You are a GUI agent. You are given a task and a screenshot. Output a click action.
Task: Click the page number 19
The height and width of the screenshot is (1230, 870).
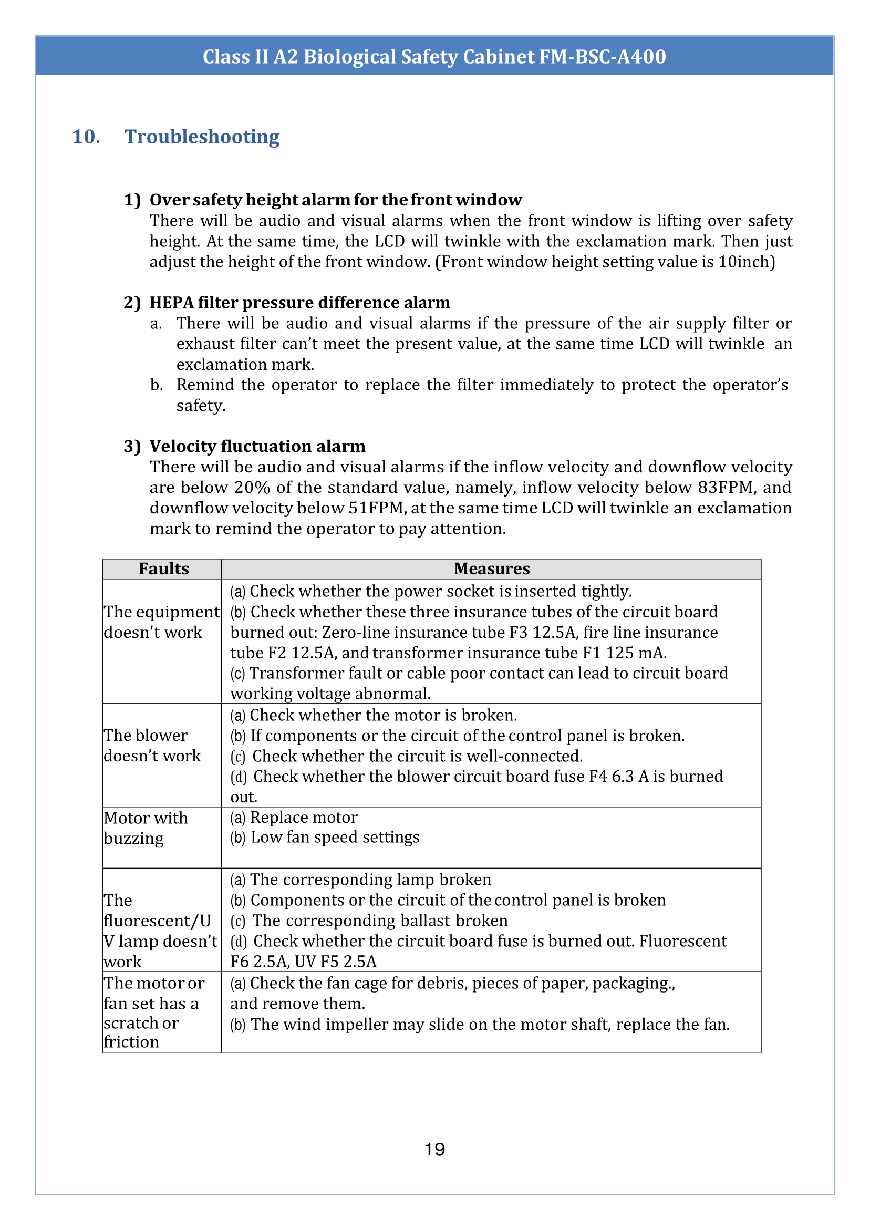click(434, 1149)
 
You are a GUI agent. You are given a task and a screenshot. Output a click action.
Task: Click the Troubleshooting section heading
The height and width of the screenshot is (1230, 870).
click(201, 137)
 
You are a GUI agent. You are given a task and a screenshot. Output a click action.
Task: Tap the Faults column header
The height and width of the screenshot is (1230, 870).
click(163, 569)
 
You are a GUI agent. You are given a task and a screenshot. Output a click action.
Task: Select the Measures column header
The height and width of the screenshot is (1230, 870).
click(491, 569)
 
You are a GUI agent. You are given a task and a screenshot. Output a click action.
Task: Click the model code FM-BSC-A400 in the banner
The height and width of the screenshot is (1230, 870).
click(602, 56)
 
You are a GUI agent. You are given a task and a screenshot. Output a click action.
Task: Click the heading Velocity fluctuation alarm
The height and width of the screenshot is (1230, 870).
click(257, 446)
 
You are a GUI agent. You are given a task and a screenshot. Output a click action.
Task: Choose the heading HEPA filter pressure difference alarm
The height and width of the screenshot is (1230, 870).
click(299, 303)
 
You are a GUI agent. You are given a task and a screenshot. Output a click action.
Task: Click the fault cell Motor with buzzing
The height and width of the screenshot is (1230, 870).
click(146, 828)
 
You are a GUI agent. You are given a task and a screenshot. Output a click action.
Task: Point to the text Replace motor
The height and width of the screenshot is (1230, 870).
click(304, 818)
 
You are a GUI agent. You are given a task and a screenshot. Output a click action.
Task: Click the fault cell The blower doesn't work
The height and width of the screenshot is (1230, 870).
click(152, 745)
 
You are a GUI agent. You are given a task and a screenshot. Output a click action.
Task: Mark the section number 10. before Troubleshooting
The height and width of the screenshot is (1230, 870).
click(86, 137)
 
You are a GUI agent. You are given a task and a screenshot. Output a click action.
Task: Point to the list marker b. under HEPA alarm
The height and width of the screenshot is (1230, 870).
click(156, 385)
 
